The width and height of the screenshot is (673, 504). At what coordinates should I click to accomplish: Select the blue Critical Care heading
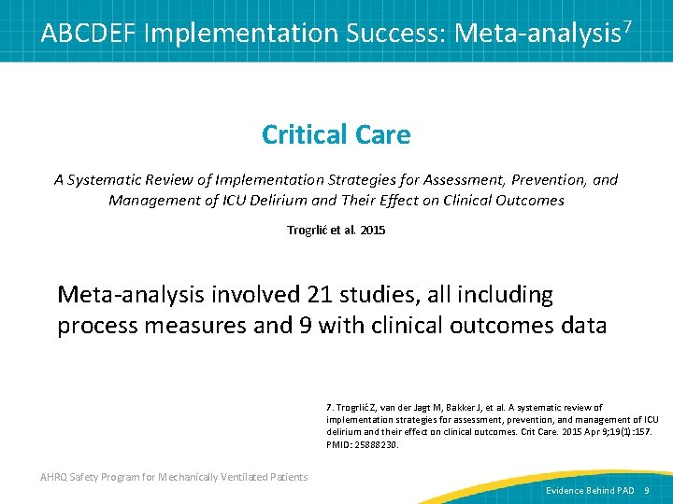[x=336, y=134]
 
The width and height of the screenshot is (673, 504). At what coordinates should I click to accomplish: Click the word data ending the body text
[x=582, y=326]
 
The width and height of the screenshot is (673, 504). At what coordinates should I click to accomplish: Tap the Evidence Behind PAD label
[x=590, y=490]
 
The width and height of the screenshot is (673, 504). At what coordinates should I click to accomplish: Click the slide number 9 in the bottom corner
[x=646, y=490]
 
